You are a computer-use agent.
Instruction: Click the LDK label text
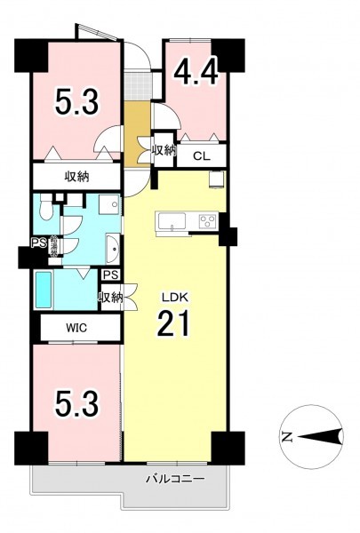coord(174,298)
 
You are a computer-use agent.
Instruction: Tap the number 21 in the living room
coord(172,323)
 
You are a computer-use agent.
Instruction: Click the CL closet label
coord(202,156)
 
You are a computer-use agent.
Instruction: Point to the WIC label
coord(76,328)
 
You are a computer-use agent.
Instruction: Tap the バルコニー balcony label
coord(175,480)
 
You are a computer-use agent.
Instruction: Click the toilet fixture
coord(44,208)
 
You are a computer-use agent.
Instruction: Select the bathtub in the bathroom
coord(44,290)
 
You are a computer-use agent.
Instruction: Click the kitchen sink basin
coord(171,221)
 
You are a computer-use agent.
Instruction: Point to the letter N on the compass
coord(287,437)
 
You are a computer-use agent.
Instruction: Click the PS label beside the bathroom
coord(110,275)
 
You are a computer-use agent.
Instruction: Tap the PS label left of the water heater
coord(38,243)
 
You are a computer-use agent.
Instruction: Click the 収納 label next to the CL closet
coord(164,150)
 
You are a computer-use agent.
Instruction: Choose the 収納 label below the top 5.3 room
coord(77,177)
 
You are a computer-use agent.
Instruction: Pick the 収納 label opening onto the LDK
coord(110,298)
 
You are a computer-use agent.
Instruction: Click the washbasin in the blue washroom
coord(112,249)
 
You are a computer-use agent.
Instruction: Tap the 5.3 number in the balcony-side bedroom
coord(77,403)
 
